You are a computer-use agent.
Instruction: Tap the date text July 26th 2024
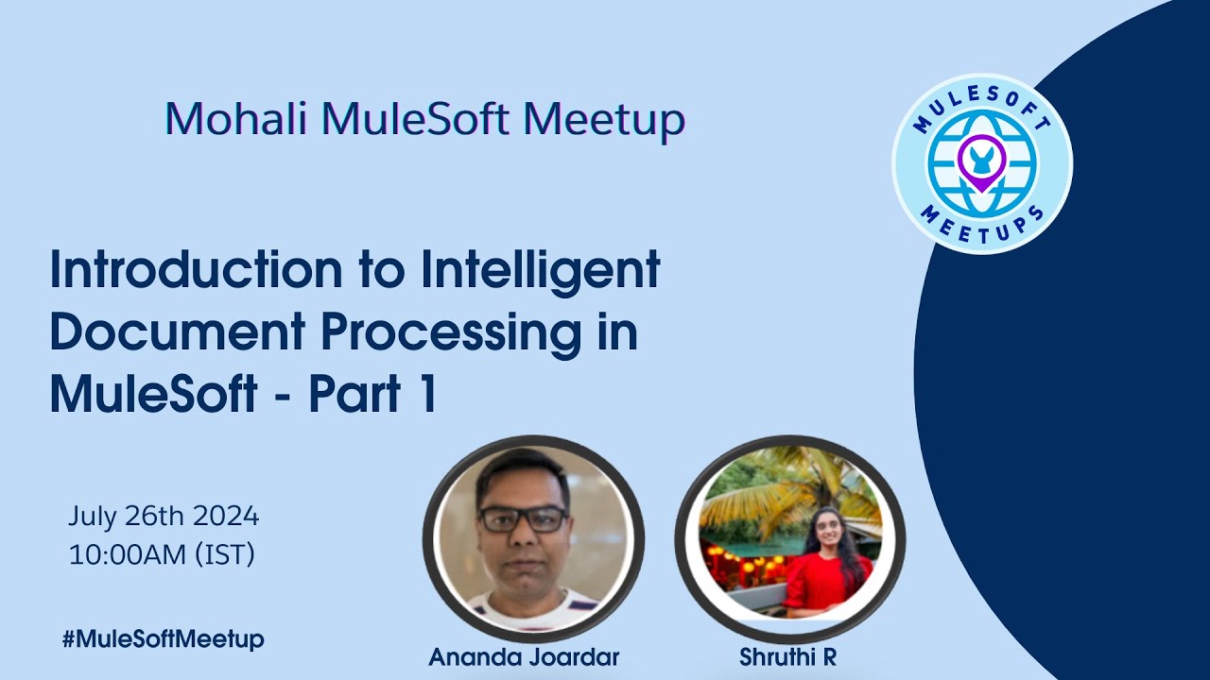pos(164,517)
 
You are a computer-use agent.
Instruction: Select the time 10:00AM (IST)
pos(162,554)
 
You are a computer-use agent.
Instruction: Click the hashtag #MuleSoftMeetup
pos(164,639)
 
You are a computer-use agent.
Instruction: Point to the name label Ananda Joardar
pos(523,657)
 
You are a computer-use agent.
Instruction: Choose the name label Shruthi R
pos(787,657)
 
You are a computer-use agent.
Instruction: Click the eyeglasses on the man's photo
pos(523,518)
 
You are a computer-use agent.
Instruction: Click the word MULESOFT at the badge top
pos(983,101)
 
